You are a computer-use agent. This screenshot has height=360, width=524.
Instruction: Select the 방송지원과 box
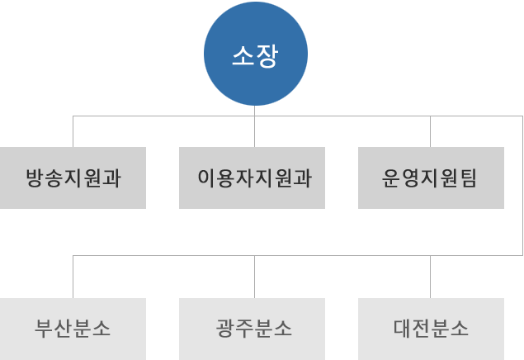[x=73, y=178]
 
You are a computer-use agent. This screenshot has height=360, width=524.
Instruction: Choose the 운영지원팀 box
[x=431, y=178]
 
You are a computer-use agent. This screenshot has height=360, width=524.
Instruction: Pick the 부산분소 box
[x=73, y=329]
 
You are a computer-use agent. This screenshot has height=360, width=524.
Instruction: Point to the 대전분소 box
[x=431, y=329]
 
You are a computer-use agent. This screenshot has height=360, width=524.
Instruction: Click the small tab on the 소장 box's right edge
[x=305, y=54]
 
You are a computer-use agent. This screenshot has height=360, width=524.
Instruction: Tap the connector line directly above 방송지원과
[x=73, y=131]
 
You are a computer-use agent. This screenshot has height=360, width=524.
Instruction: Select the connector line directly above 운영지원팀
[x=430, y=131]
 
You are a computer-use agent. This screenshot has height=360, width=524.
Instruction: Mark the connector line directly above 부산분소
[x=73, y=277]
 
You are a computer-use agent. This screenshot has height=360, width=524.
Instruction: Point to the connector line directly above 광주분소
[x=254, y=277]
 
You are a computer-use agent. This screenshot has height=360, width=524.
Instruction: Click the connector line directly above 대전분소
[x=430, y=277]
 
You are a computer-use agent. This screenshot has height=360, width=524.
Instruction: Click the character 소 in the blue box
[x=243, y=55]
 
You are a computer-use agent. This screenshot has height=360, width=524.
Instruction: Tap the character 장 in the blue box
[x=267, y=55]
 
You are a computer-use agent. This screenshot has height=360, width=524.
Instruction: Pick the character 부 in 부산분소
[x=44, y=329]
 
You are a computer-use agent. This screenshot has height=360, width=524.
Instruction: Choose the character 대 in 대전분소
[x=402, y=329]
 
